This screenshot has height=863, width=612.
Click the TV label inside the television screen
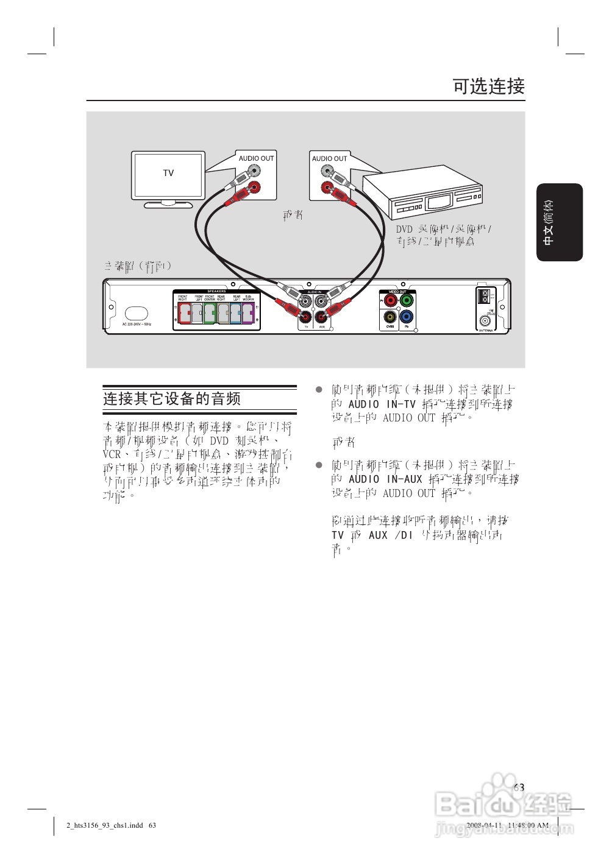(168, 173)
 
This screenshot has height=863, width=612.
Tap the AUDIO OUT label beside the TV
(256, 158)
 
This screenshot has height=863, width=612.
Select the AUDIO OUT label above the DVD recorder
(329, 158)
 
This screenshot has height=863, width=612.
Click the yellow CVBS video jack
(390, 317)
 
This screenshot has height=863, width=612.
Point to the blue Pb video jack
(407, 317)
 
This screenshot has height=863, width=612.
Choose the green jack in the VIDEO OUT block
(407, 300)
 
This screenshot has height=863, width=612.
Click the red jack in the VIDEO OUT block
(391, 300)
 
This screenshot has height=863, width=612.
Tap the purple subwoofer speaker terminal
(248, 314)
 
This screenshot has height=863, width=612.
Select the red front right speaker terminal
(183, 314)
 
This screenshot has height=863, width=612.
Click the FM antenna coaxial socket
(485, 320)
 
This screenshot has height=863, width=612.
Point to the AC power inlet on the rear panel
(137, 313)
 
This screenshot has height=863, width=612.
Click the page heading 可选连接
(488, 86)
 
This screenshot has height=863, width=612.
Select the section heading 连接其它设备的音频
(172, 399)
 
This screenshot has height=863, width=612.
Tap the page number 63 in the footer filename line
(152, 826)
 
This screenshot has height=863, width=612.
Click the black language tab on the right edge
(560, 222)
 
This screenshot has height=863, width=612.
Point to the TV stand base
(168, 205)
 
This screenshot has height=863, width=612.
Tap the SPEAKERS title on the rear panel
(216, 291)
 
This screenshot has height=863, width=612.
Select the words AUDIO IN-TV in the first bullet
(382, 404)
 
